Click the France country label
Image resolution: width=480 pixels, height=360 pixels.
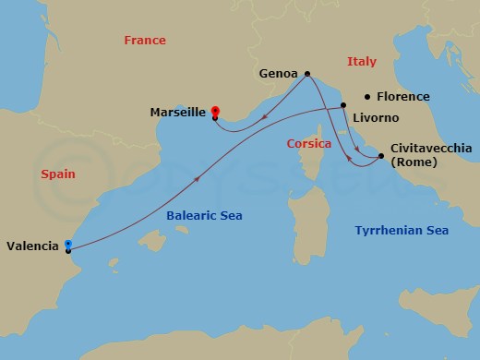145,41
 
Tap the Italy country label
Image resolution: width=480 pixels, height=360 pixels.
361,62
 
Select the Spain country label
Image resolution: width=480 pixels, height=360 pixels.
57,174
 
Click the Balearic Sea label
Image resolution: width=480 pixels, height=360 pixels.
204,215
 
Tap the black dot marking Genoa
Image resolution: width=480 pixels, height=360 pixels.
306,75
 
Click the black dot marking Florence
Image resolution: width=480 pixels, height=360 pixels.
367,96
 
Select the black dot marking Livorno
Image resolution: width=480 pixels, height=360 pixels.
342,118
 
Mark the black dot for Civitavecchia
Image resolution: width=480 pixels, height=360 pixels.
381,158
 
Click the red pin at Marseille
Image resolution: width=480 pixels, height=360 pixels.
215,110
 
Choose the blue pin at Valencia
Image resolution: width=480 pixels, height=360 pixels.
68,244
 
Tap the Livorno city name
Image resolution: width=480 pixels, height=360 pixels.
376,118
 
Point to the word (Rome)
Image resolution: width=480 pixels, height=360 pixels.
412,162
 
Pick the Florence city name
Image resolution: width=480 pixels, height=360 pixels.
402,96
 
